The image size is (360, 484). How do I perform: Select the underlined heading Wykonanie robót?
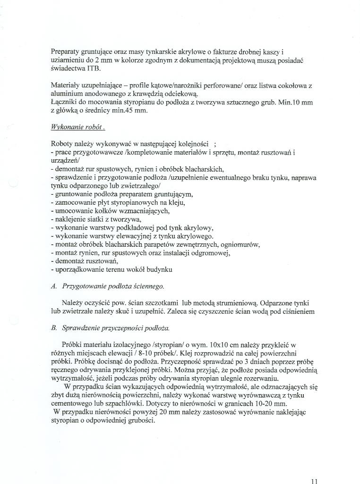point(77,128)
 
